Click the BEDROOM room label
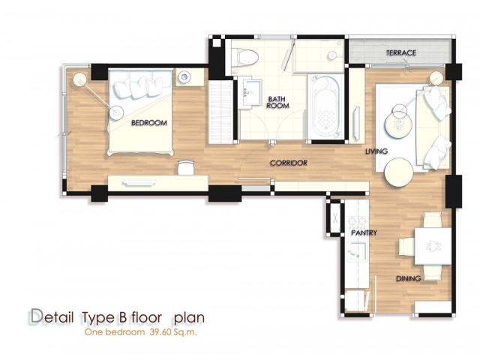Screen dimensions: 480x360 (x=149, y=123)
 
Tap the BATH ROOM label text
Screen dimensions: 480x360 (x=277, y=102)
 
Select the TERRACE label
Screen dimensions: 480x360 (x=401, y=52)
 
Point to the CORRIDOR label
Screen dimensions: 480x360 (x=289, y=163)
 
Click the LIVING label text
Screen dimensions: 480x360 (x=376, y=151)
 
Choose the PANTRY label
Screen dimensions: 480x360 (x=364, y=233)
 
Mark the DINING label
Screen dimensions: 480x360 (x=408, y=278)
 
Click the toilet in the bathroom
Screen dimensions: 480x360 (x=245, y=57)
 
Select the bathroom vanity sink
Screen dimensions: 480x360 (x=250, y=93)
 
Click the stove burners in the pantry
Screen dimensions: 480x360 (x=357, y=220)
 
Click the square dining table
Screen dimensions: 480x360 (x=433, y=247)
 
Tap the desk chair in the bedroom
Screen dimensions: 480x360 (x=186, y=167)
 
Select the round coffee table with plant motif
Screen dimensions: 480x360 (x=398, y=125)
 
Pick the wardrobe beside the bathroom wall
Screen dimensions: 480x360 (x=220, y=112)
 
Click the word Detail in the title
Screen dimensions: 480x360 (x=52, y=317)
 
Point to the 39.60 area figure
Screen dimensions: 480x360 (x=160, y=332)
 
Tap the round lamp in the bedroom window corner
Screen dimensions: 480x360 (x=80, y=79)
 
